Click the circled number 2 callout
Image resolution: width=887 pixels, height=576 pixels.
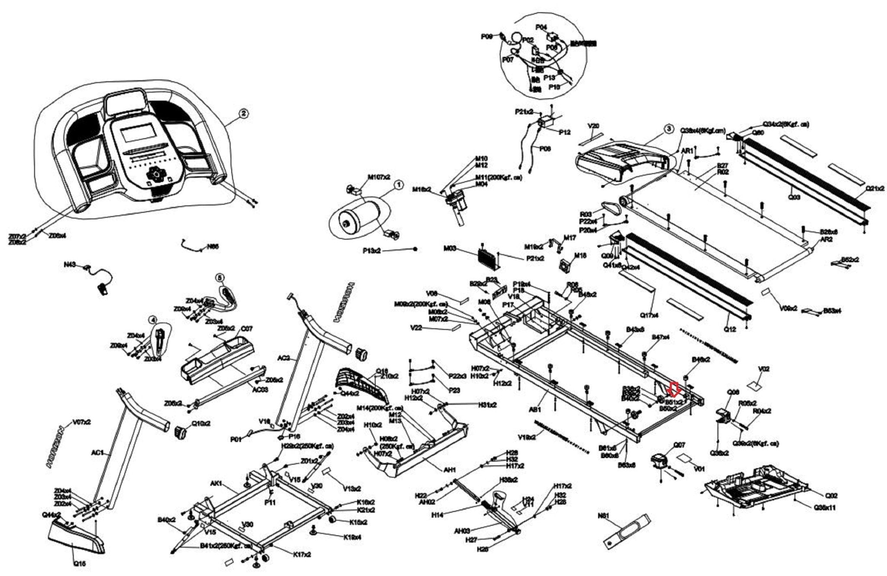(x=244, y=114)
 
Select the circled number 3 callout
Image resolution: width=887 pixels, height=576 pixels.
(x=669, y=129)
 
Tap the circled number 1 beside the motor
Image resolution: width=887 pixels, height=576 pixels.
(x=398, y=185)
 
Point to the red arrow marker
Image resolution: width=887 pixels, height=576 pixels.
(x=673, y=389)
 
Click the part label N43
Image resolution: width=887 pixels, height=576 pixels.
(x=69, y=264)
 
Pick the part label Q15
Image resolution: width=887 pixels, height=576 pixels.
(x=79, y=564)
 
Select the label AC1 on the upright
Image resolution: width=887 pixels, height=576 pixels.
(x=97, y=453)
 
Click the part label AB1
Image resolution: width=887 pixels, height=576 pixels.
(x=536, y=409)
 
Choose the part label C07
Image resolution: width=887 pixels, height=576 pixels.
(x=246, y=329)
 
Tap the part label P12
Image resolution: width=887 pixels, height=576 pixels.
(x=565, y=133)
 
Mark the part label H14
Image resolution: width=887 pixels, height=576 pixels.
(x=437, y=514)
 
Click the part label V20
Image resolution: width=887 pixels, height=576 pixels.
(x=593, y=126)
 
